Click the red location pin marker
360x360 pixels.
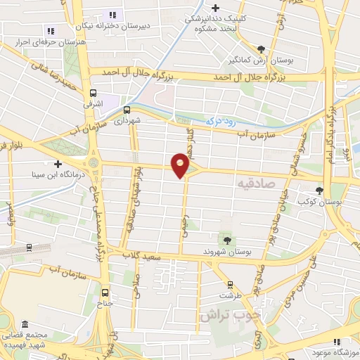181,165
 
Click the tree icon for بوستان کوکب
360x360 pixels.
320,191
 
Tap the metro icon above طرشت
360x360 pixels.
226,276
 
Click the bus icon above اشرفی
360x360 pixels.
93,92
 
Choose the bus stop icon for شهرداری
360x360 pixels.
127,110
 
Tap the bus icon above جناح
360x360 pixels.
105,292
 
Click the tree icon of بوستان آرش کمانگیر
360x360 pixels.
262,49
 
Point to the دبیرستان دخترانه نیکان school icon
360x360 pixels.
111,15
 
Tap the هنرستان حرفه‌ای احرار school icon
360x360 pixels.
50,30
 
